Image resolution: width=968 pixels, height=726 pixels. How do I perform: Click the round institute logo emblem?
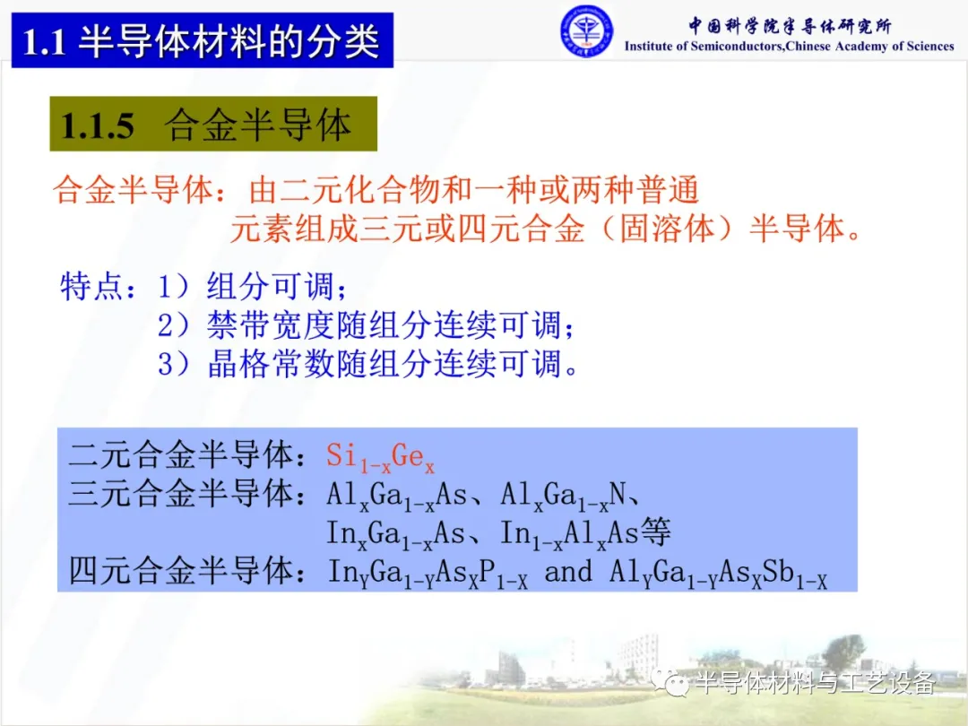click(x=586, y=31)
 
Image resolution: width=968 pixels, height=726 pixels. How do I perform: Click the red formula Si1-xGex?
click(x=380, y=458)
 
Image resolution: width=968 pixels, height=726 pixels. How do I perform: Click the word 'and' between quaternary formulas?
click(x=568, y=571)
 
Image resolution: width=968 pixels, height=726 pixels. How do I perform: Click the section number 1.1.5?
click(x=98, y=125)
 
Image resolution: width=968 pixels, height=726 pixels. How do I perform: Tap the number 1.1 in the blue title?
click(x=44, y=43)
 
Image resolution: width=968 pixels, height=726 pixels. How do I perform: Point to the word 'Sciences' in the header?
click(x=929, y=47)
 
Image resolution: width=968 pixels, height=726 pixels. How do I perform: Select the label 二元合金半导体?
click(x=179, y=455)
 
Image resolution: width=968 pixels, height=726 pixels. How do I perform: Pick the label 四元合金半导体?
click(x=179, y=570)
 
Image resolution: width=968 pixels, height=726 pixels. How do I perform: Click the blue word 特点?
click(x=91, y=286)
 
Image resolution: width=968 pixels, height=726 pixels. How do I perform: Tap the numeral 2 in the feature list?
click(x=165, y=325)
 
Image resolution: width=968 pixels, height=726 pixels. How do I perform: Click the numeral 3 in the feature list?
click(x=165, y=364)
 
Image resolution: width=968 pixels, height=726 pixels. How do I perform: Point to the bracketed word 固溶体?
click(x=666, y=229)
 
